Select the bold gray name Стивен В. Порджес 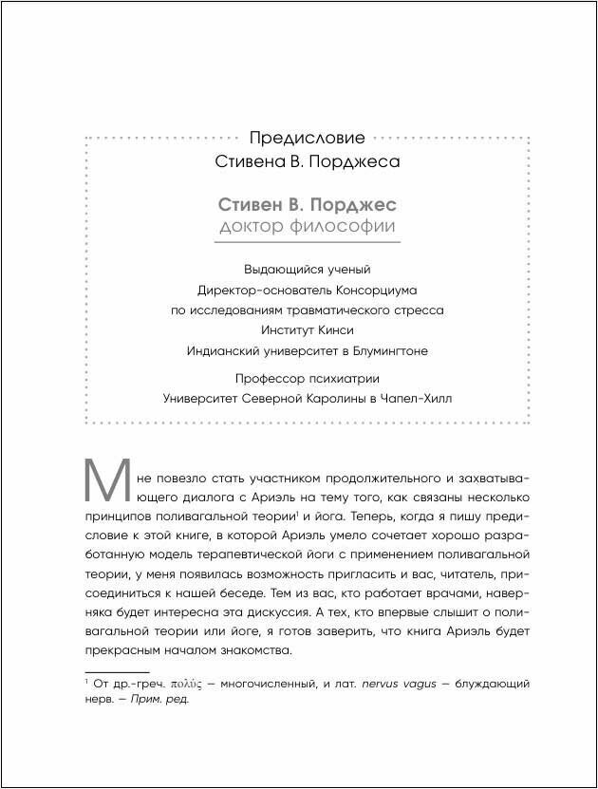[x=308, y=205]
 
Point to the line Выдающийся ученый [x=307, y=270]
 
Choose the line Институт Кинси [x=307, y=329]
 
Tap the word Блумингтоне [x=388, y=350]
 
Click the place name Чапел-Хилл [x=416, y=399]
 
